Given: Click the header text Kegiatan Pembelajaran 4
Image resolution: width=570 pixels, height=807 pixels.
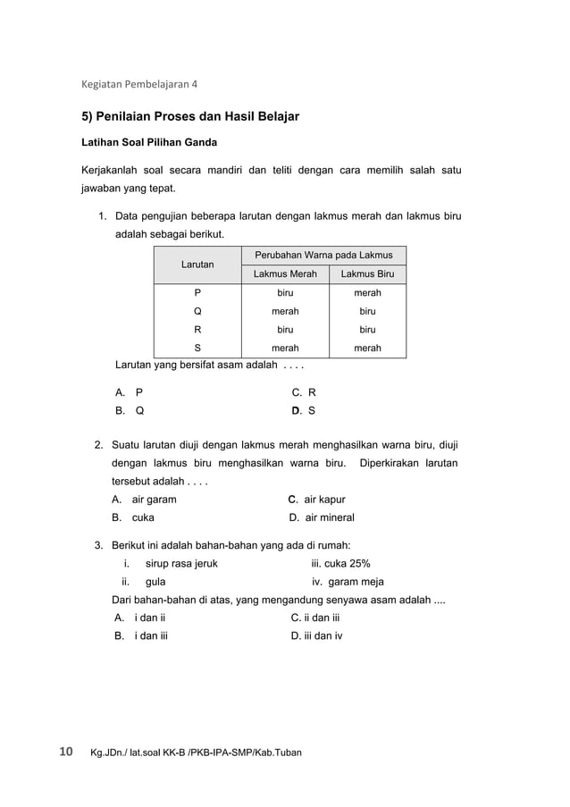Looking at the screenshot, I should click(x=139, y=85).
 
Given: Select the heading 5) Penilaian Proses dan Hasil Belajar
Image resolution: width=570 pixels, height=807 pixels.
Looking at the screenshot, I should click(x=190, y=116).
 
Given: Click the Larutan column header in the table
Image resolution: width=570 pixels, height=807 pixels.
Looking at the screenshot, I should click(x=197, y=265).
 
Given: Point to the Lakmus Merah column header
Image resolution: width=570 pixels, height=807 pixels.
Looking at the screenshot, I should click(x=285, y=274).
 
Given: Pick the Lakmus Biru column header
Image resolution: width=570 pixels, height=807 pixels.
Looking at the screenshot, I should click(x=367, y=274).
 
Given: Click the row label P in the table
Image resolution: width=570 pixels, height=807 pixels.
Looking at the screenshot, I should click(x=197, y=293).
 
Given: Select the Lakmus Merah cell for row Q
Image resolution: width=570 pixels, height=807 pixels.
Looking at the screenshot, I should click(x=285, y=312).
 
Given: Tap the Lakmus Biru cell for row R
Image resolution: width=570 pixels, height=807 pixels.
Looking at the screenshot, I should click(x=367, y=330).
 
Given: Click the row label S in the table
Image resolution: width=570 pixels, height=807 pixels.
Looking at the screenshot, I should click(x=197, y=349).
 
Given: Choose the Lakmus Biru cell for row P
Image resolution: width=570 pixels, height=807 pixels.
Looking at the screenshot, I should click(x=367, y=293).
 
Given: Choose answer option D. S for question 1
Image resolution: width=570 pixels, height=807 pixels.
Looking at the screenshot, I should click(x=303, y=411).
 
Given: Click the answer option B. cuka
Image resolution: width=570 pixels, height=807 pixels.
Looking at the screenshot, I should click(x=132, y=517).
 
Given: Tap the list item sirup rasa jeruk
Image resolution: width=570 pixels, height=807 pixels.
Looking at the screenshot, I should click(x=180, y=564).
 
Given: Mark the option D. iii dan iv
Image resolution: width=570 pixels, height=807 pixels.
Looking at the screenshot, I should click(x=316, y=636).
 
